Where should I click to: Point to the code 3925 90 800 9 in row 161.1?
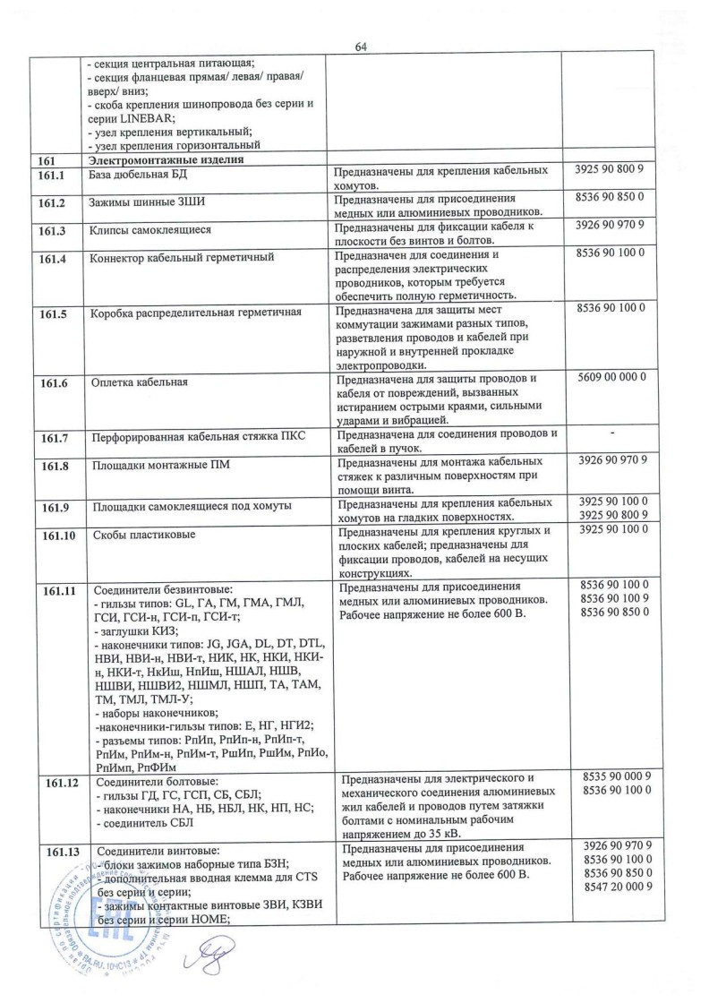coord(613,169)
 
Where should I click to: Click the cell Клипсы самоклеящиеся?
coord(151,230)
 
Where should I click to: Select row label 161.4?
coord(54,260)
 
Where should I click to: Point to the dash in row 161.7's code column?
coord(612,434)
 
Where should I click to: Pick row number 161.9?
coord(54,507)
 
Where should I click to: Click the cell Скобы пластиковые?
coord(144,535)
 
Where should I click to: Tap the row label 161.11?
coord(56,589)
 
